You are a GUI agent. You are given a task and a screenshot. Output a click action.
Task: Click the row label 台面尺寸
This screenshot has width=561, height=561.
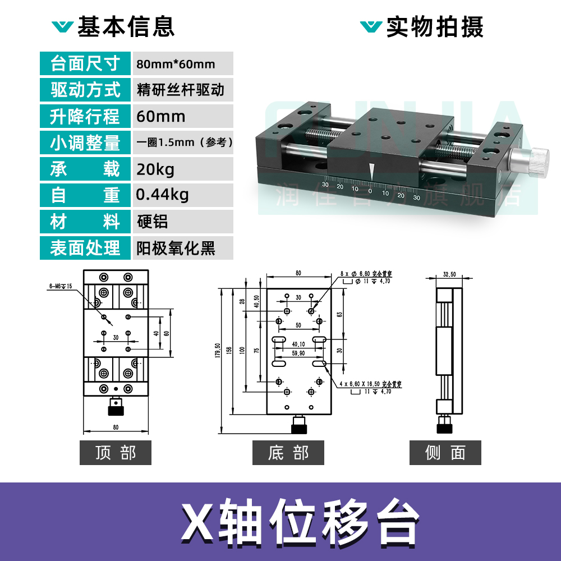(85, 63)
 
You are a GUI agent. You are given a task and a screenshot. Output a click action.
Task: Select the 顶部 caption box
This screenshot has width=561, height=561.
(116, 453)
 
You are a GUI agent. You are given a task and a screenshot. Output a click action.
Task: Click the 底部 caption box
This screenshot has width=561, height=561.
(288, 453)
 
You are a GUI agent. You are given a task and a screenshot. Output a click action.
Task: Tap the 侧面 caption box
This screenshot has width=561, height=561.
(445, 453)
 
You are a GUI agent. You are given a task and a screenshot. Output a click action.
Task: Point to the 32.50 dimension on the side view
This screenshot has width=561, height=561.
(449, 275)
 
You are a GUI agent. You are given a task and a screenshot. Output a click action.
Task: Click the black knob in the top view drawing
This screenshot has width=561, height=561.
(116, 410)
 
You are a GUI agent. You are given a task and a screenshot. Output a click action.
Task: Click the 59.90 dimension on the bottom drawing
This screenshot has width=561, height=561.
(298, 353)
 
